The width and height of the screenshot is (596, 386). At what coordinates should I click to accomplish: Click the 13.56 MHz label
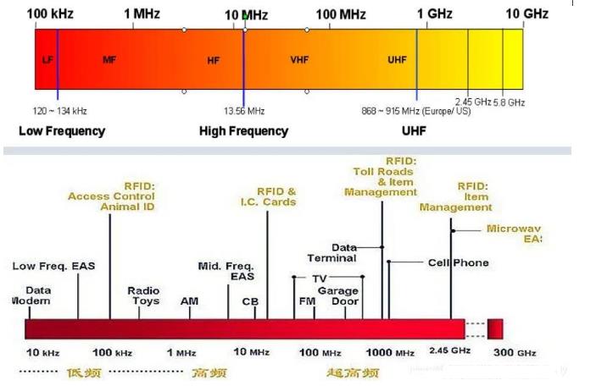click(x=244, y=110)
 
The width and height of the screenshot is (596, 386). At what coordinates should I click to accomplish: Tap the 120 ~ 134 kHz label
click(x=59, y=110)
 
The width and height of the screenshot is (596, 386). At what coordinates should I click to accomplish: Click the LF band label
click(x=47, y=60)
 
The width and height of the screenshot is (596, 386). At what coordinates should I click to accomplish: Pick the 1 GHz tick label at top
click(x=434, y=14)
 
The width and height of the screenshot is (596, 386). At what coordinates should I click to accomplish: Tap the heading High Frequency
click(x=243, y=131)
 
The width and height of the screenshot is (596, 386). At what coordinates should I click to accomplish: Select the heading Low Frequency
click(x=62, y=131)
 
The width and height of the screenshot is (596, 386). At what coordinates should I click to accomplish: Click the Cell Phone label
click(x=459, y=262)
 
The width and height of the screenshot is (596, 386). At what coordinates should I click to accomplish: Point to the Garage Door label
click(x=338, y=295)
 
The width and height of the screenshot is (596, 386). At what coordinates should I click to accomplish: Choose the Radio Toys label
click(x=143, y=295)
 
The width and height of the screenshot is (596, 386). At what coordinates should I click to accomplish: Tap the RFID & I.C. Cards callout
click(x=276, y=196)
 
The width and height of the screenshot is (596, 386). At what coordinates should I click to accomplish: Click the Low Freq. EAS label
click(x=53, y=266)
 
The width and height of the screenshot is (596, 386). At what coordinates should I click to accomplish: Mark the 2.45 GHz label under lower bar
click(x=449, y=350)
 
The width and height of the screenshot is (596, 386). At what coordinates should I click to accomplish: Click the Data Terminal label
click(x=331, y=252)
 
